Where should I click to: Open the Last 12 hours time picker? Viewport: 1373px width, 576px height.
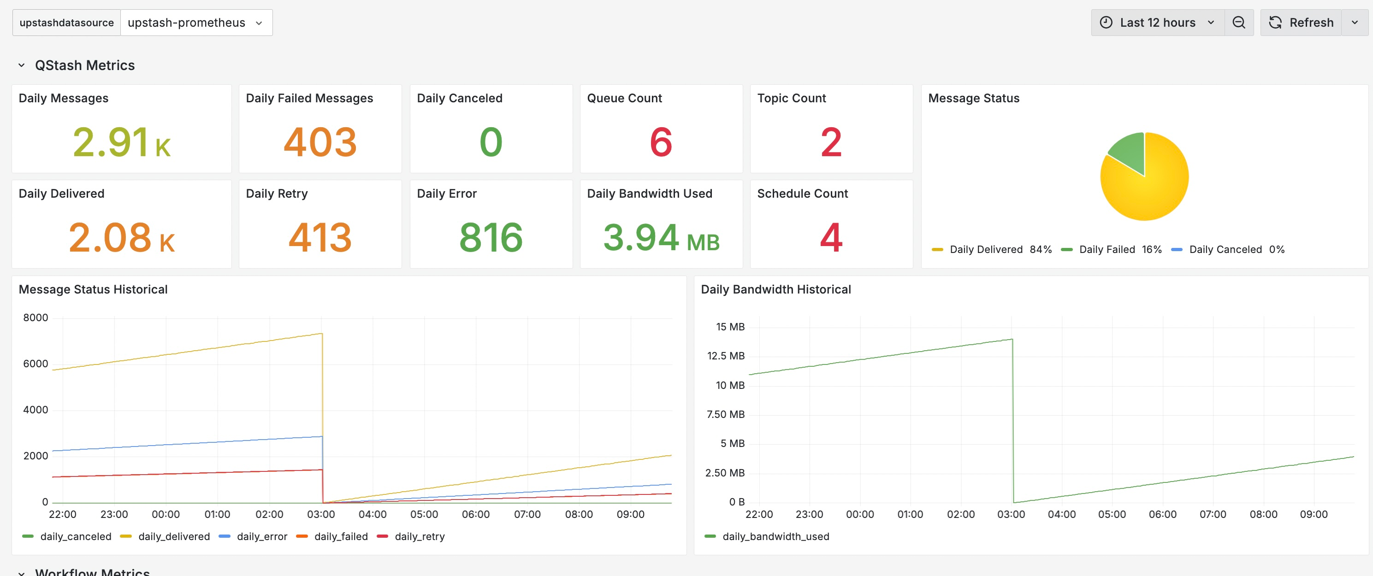tap(1157, 23)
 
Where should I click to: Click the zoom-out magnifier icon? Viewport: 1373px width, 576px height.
tap(1239, 23)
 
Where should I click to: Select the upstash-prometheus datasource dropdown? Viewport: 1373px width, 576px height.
tap(195, 23)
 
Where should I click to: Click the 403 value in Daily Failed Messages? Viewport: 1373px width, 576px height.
tap(320, 142)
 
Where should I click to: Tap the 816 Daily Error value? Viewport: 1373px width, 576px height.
tap(491, 238)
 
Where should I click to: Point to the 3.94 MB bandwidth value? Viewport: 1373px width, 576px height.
tap(661, 238)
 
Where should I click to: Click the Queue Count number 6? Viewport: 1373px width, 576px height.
tap(661, 142)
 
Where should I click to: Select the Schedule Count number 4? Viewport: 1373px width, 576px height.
tap(831, 238)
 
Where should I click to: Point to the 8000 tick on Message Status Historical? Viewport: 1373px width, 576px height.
tap(35, 317)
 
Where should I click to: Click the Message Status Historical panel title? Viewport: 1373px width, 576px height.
tap(93, 289)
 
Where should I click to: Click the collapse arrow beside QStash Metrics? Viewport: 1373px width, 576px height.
tap(21, 65)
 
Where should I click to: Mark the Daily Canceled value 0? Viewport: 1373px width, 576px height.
tap(491, 142)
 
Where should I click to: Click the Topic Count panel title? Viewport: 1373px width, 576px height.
tap(791, 98)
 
